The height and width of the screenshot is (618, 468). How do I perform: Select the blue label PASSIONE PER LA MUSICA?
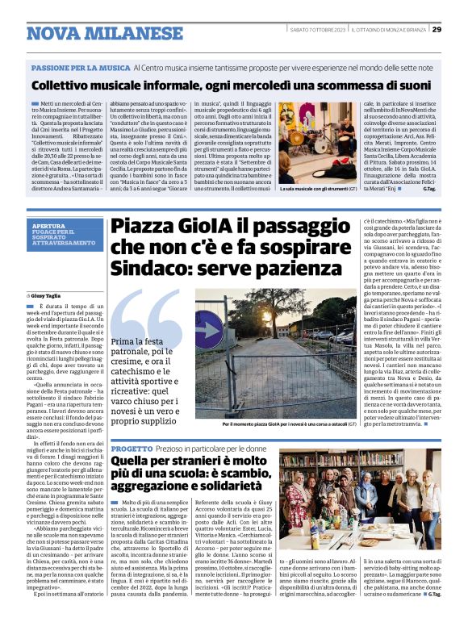[x=80, y=68]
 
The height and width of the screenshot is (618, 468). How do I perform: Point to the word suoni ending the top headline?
[x=410, y=85]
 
